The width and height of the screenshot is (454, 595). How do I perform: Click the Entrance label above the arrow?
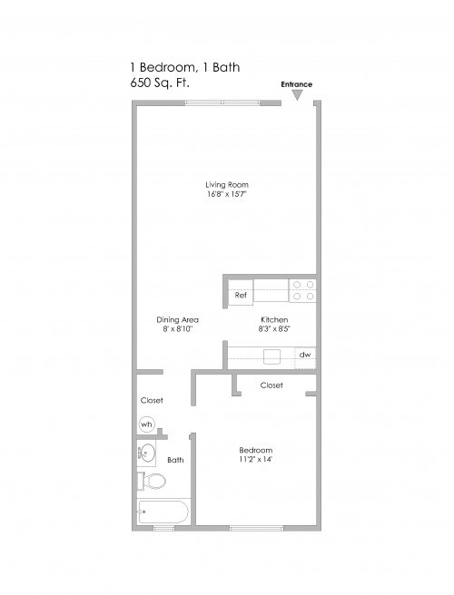pos(297,84)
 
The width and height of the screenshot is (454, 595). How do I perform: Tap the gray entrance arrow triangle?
pos(297,93)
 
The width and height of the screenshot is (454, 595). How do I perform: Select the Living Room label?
pos(226,185)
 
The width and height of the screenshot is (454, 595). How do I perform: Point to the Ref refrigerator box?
pos(241,295)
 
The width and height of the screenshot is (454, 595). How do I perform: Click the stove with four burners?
pos(303,290)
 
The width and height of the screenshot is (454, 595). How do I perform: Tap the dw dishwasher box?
pos(306,355)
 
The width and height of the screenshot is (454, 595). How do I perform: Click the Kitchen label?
pos(274,320)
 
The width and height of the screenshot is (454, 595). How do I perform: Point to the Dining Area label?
pos(178,320)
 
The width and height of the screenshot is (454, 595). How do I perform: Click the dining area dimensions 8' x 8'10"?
pos(178,330)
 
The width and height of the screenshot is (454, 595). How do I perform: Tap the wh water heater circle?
pos(147,424)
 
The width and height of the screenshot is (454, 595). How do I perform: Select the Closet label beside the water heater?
pos(152,400)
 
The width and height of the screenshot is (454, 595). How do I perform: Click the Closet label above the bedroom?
pos(271,385)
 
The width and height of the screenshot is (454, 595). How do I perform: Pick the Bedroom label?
pos(255,450)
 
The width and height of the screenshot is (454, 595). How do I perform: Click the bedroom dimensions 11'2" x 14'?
pos(255,460)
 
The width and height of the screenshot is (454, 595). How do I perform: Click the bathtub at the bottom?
pos(163,512)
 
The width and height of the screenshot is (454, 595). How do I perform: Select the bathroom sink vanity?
pos(147,453)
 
